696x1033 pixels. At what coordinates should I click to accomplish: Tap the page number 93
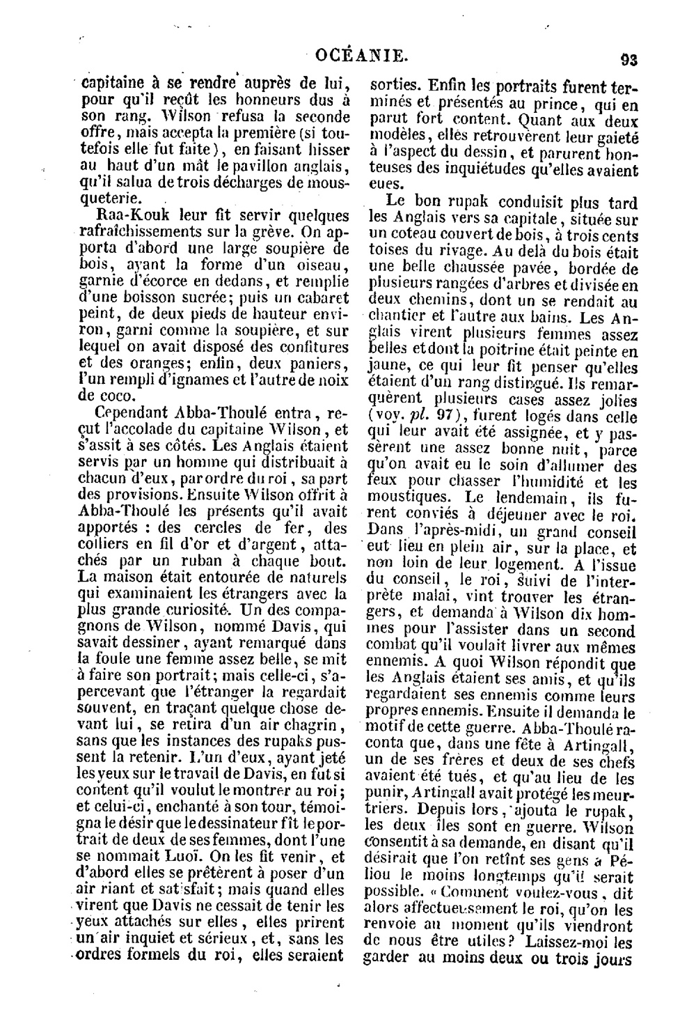coord(629,59)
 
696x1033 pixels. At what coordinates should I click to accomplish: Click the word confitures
coord(308,347)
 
